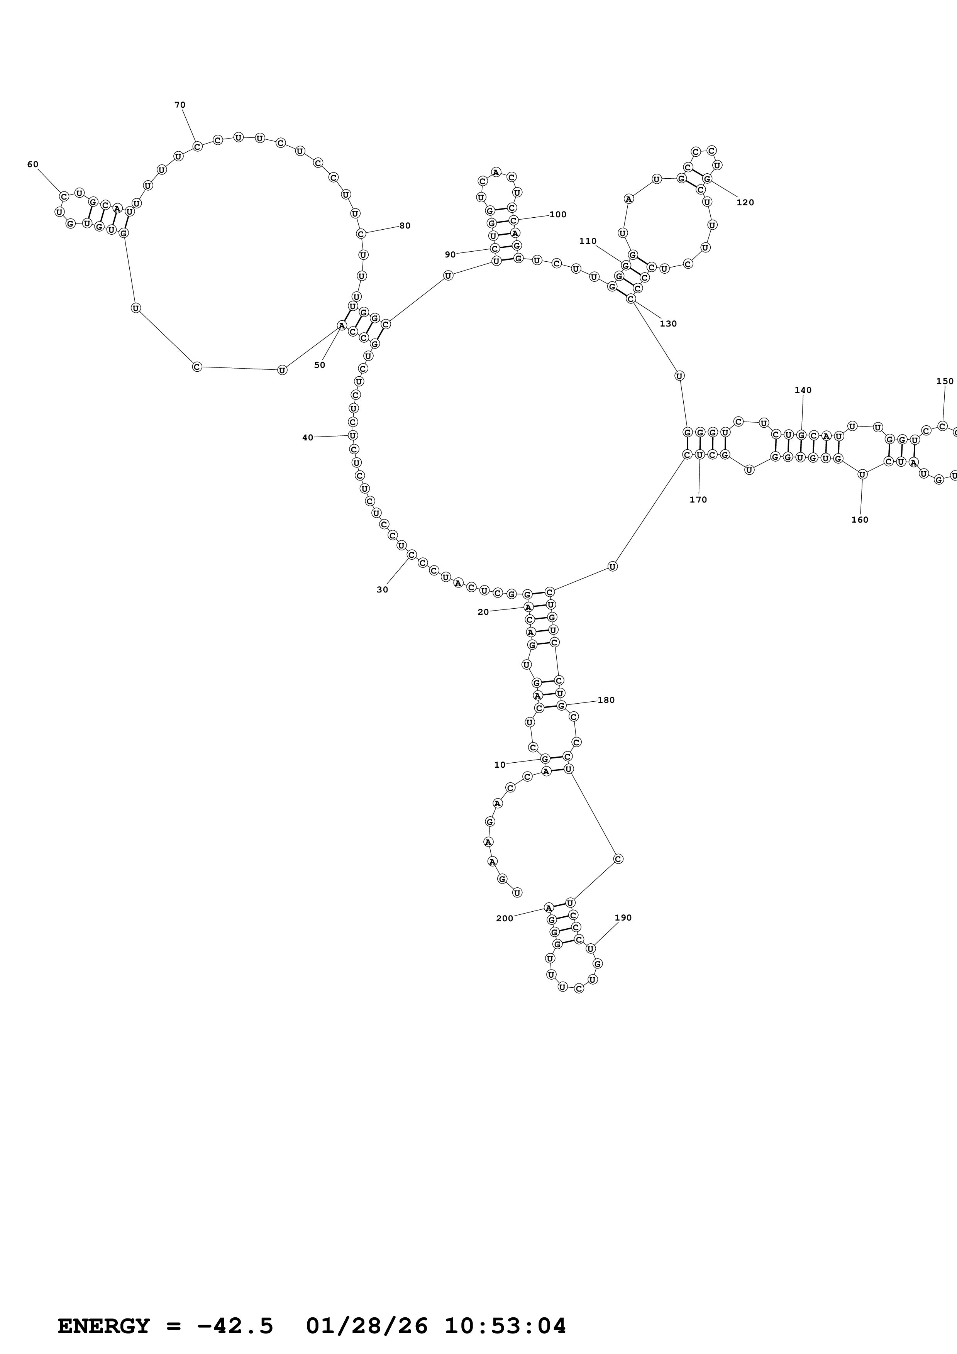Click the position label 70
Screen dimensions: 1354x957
click(180, 105)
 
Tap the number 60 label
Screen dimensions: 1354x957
click(33, 164)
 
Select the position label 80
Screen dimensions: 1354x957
click(405, 226)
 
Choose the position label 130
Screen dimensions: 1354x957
click(668, 324)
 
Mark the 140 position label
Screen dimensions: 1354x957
click(803, 390)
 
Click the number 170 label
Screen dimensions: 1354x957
click(698, 500)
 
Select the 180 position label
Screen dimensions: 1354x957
click(606, 701)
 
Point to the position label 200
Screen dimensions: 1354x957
click(504, 919)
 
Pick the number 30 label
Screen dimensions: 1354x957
click(382, 590)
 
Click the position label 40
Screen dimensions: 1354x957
click(308, 438)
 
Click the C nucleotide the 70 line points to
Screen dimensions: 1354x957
click(198, 146)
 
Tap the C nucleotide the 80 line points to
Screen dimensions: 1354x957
click(361, 234)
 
